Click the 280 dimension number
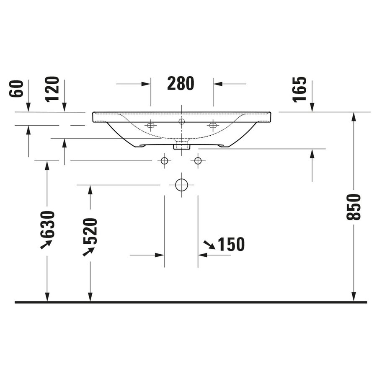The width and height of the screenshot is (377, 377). pyautogui.click(x=181, y=84)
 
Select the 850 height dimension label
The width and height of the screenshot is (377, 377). pyautogui.click(x=354, y=207)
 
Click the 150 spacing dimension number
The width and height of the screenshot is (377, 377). pyautogui.click(x=230, y=244)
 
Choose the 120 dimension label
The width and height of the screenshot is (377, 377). pyautogui.click(x=52, y=89)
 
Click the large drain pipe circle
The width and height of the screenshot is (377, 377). pyautogui.click(x=181, y=185)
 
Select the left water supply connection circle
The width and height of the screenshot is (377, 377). pyautogui.click(x=164, y=160)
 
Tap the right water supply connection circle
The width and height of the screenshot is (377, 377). pyautogui.click(x=198, y=160)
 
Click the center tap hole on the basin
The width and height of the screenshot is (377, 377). pyautogui.click(x=181, y=121)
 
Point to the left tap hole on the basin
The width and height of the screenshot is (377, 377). pyautogui.click(x=151, y=125)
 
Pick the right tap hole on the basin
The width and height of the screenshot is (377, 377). pyautogui.click(x=213, y=125)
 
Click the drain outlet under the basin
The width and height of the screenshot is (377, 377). pyautogui.click(x=181, y=146)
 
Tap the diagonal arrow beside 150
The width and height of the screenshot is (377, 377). pyautogui.click(x=209, y=245)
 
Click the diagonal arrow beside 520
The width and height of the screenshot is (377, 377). pyautogui.click(x=88, y=251)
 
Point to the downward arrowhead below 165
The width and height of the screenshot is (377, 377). pyautogui.click(x=312, y=108)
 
